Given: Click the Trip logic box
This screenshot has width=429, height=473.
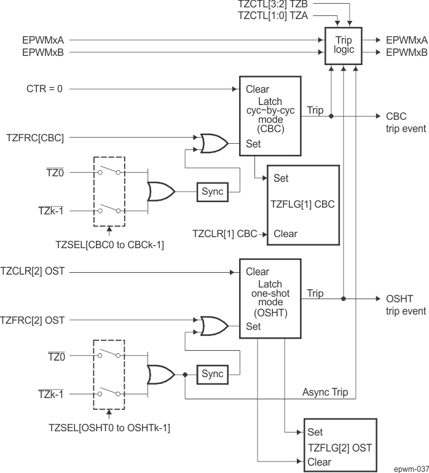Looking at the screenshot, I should click(x=344, y=46).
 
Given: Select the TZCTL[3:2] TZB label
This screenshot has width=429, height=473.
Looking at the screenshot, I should click(x=269, y=4).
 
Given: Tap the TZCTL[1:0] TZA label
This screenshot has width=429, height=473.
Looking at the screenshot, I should click(x=269, y=17).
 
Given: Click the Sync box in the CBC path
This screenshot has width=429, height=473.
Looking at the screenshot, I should click(x=212, y=192).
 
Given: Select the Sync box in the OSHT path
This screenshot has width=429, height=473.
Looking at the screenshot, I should click(x=212, y=374).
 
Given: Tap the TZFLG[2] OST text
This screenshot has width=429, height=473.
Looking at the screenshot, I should click(x=339, y=448).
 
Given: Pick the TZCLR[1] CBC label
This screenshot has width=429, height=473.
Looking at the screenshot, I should click(x=225, y=233).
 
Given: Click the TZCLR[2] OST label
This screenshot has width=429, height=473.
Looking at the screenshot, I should click(x=33, y=272).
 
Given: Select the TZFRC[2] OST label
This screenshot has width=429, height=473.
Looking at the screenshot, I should click(x=33, y=319).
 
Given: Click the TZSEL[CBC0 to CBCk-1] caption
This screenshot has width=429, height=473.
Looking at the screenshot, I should click(x=109, y=245).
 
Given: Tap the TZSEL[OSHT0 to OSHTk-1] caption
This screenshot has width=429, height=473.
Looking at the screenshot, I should click(x=109, y=428).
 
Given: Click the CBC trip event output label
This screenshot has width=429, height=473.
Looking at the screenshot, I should click(x=405, y=122).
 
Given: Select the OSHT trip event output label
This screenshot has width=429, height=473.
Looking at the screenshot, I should click(x=406, y=305).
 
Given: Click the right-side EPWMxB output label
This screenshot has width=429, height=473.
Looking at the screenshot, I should click(x=406, y=52).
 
